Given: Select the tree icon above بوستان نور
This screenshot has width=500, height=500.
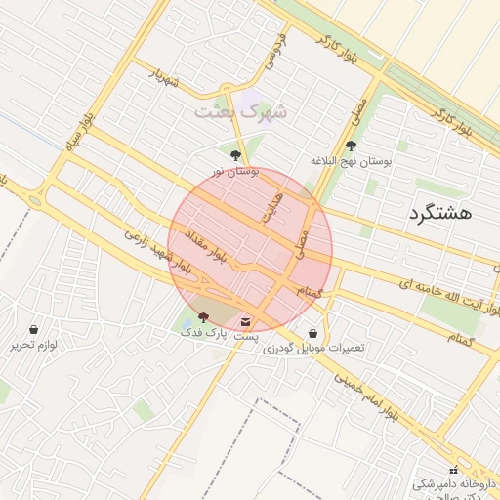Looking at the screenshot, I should pos(234,154).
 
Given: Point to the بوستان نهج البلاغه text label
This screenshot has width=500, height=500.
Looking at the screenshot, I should pos(351,161).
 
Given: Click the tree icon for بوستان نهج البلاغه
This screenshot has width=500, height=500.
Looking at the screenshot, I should pos(351,146).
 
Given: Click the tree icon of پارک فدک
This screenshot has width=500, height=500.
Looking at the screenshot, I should pos(203,317).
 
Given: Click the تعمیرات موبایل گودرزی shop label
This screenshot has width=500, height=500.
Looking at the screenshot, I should pos(312,349).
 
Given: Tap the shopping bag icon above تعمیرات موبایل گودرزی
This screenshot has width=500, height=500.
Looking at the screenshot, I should pos(312,333).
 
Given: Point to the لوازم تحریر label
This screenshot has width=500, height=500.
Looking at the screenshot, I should pos(35,345).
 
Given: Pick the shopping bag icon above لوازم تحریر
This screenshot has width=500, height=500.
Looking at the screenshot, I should pos(35,329).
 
